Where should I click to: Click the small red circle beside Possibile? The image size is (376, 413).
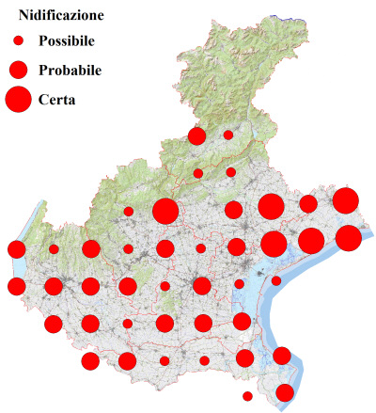coord(18,41)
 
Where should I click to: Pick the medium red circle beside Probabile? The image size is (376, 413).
coord(18,70)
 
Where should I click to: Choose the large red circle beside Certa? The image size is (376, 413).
coord(18,98)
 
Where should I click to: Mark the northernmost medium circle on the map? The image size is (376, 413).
coord(197,136)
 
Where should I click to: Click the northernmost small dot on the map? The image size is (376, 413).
coord(228,135)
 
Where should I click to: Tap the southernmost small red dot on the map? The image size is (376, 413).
coord(247,396)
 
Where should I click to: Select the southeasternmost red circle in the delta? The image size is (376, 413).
coord(285,392)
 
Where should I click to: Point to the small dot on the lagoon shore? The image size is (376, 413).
coord(276,280)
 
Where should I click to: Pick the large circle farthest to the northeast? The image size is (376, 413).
coord(345,199)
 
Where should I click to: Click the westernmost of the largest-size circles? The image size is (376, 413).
coord(165,211)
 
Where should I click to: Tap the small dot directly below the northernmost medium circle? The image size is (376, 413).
coord(198,173)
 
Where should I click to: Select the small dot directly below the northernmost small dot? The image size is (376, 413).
coord(231,172)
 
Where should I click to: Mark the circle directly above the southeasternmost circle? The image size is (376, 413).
coord(281,356)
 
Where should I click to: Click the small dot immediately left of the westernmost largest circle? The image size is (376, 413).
coord(129,211)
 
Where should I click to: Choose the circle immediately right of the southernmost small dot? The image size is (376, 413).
coord(285,392)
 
